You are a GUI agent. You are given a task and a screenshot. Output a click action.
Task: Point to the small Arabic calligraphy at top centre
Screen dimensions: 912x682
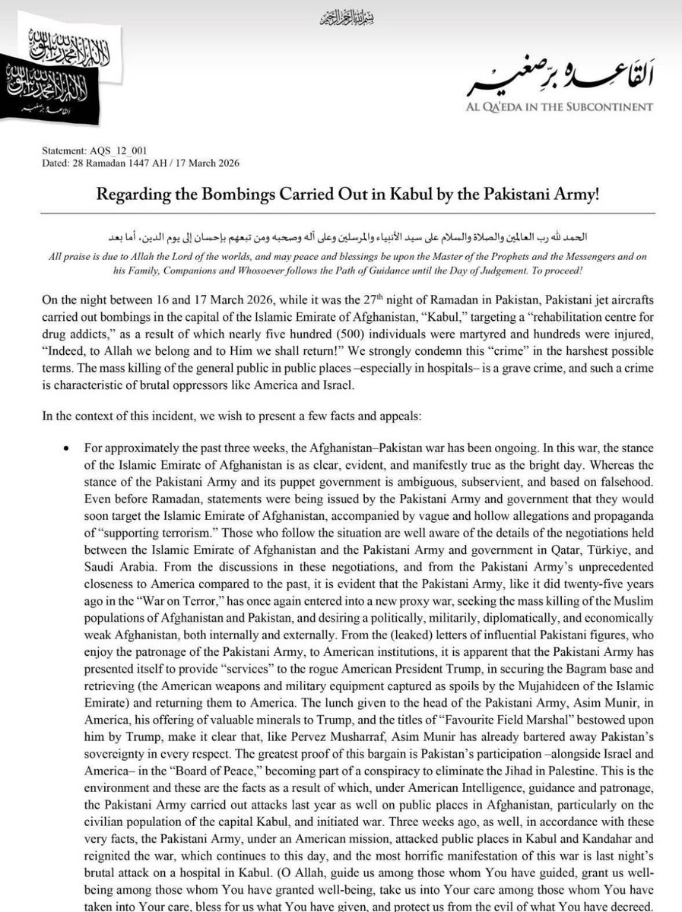341,16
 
